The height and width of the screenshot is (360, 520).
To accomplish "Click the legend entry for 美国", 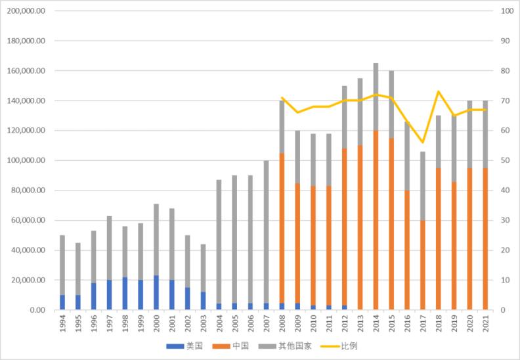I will coord(190,346).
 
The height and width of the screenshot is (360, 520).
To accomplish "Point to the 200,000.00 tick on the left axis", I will coord(27,11).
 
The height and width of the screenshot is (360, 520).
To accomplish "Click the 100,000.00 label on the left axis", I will coord(27,160).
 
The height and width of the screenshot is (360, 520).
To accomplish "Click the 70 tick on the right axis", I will coord(505,101).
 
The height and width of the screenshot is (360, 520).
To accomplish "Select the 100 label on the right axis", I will coord(507,11).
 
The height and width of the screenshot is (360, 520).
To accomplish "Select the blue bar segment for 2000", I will coord(156,293).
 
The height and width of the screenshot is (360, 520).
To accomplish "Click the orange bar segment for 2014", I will coord(376,220).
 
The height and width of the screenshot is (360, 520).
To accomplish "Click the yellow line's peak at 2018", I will coord(439,91).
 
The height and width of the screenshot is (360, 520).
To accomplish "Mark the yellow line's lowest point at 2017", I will coord(423,143).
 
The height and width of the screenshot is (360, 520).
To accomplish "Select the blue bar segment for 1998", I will coord(125,294).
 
